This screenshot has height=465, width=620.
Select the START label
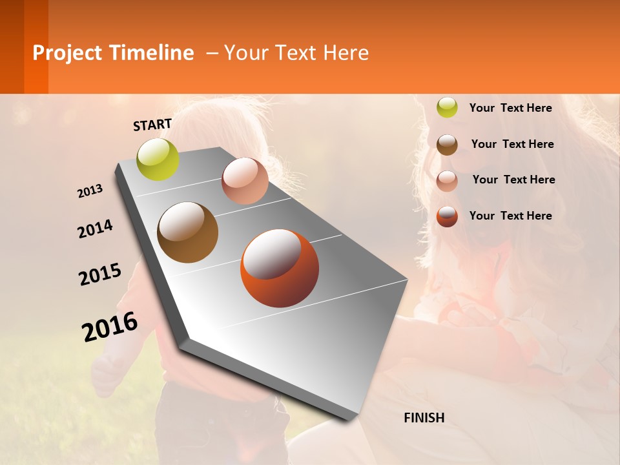152,125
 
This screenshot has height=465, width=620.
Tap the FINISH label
424,418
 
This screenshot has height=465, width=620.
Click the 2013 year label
90,191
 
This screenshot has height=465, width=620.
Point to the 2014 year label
95,229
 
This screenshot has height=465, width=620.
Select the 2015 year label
100,274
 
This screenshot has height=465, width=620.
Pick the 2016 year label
110,327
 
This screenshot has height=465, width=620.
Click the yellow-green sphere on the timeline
158,159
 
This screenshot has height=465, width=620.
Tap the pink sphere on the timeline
245,181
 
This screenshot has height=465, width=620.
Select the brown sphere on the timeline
187,232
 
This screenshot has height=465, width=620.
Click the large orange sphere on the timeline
280,268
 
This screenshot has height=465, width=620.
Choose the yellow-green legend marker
447,107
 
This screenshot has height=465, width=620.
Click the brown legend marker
447,144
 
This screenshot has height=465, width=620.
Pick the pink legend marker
447,180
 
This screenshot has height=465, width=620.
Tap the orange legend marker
447,216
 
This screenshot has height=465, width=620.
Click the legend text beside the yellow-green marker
510,108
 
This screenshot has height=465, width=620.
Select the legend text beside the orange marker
510,216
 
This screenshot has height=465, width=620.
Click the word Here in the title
346,53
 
